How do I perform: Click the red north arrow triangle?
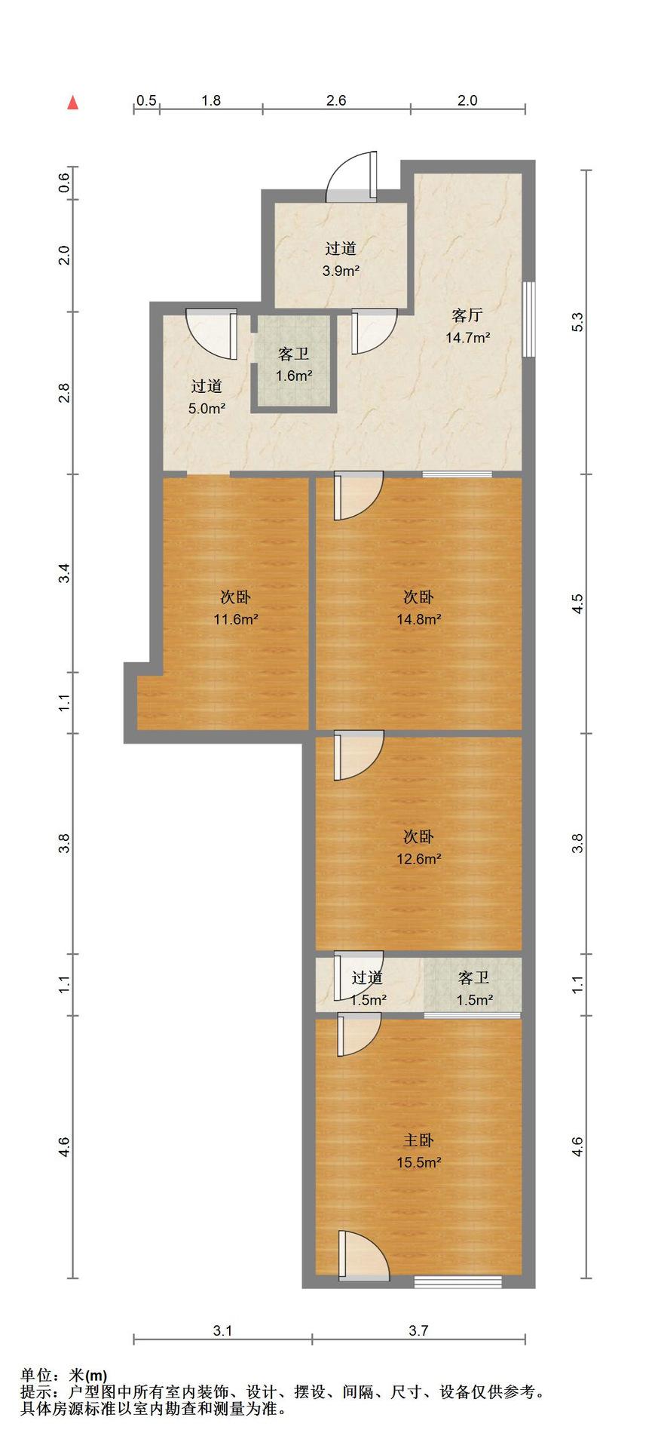click(x=73, y=103)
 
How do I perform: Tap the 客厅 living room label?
click(x=467, y=314)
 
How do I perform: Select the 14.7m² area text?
click(x=467, y=337)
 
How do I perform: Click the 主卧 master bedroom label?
click(x=418, y=1140)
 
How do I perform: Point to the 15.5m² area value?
click(x=419, y=1163)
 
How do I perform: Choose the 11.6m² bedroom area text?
click(x=236, y=619)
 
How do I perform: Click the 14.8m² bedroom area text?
click(x=419, y=619)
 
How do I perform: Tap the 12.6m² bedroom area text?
click(x=419, y=858)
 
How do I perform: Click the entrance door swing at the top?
click(x=352, y=177)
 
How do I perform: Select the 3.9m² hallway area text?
click(x=341, y=271)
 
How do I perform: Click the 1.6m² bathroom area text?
click(x=294, y=376)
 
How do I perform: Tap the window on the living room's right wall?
click(x=529, y=318)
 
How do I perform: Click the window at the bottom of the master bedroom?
click(x=458, y=1281)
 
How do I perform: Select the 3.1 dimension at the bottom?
click(x=222, y=1331)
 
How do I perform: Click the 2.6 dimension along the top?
click(x=336, y=100)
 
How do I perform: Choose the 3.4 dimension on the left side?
click(x=65, y=573)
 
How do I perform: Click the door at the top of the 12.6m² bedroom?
click(x=359, y=755)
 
